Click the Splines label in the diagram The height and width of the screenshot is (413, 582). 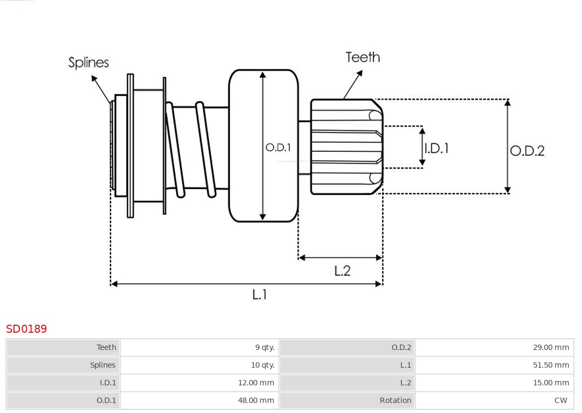(88, 62)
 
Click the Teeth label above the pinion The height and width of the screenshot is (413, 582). (363, 57)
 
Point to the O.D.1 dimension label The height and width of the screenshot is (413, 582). (278, 147)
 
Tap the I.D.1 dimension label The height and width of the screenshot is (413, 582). (436, 148)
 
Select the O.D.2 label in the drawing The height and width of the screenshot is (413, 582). (527, 151)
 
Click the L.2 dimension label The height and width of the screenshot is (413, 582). (342, 270)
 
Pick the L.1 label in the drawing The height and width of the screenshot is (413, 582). (260, 294)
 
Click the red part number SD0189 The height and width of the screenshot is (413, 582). (26, 328)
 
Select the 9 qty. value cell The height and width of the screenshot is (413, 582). (265, 347)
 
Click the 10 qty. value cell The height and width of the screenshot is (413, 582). (262, 365)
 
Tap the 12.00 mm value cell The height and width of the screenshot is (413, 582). (256, 383)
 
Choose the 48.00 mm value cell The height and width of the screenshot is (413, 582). (256, 401)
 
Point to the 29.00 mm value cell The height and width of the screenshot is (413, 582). (551, 347)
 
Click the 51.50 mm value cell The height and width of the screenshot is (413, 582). (551, 365)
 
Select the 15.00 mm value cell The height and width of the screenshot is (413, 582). (551, 383)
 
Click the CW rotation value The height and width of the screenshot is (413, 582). (560, 401)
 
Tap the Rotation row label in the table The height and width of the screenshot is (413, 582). (395, 401)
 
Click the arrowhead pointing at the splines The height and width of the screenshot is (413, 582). (94, 79)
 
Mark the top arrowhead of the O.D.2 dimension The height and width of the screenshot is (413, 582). (507, 102)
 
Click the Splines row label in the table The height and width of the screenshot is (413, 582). (102, 365)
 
